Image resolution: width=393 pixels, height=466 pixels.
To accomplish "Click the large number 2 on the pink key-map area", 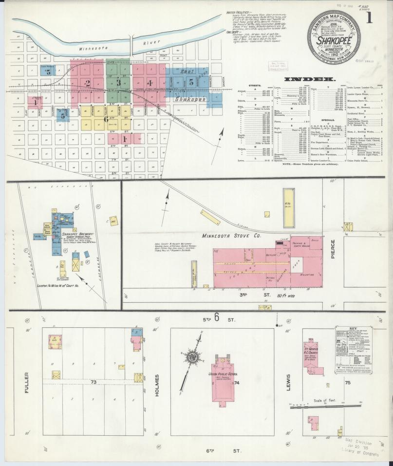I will point(88,83).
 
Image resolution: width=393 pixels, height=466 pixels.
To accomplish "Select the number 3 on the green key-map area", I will point(118,83).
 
